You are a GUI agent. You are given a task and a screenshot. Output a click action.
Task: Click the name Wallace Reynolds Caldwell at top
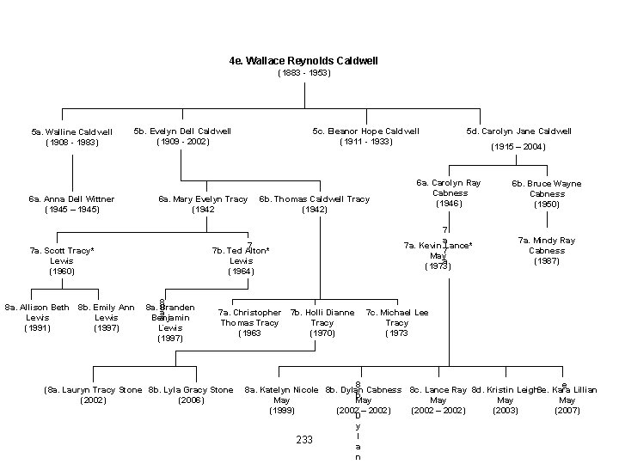(303, 62)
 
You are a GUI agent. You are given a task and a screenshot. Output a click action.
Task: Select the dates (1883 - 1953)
(303, 74)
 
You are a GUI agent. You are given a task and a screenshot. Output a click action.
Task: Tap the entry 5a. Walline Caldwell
(71, 132)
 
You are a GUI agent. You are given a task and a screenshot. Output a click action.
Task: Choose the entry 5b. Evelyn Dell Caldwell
(182, 131)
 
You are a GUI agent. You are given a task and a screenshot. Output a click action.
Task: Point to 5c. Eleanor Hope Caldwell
(366, 131)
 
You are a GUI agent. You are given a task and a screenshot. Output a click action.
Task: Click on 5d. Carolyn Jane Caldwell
(518, 131)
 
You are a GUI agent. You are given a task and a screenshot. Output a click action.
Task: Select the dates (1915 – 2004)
(518, 147)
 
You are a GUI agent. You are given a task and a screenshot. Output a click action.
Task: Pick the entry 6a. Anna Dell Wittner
(72, 199)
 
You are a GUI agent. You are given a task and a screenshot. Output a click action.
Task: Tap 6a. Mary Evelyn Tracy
(203, 199)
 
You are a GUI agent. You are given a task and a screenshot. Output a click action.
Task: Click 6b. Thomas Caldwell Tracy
(314, 199)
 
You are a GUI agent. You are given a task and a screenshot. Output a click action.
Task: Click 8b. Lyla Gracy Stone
(191, 390)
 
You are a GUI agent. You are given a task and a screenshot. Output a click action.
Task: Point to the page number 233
(304, 440)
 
